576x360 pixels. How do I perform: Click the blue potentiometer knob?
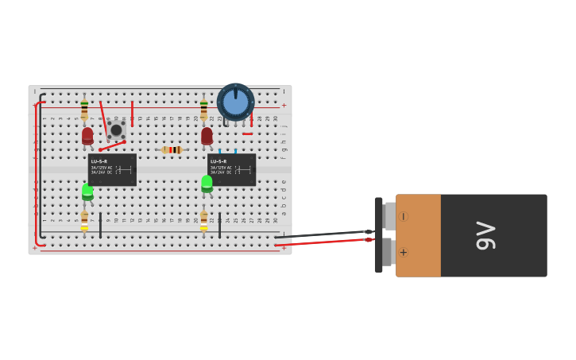235,102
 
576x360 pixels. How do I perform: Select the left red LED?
87,136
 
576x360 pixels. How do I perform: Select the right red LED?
207,136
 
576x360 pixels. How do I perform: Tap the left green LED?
87,192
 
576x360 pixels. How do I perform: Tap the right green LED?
207,184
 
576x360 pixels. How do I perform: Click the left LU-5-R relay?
112,169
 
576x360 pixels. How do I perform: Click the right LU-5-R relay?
231,169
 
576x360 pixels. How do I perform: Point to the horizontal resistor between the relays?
172,149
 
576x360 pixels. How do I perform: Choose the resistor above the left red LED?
84,109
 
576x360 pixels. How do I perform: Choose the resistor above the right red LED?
203,109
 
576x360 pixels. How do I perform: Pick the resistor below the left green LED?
84,220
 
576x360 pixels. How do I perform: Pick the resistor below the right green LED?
203,220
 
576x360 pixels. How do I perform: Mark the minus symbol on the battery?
403,216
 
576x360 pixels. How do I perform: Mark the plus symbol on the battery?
403,253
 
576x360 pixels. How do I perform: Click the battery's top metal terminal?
389,216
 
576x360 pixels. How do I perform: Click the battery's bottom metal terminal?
388,253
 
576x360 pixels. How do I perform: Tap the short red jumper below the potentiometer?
247,134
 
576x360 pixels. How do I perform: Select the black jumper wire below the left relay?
100,225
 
